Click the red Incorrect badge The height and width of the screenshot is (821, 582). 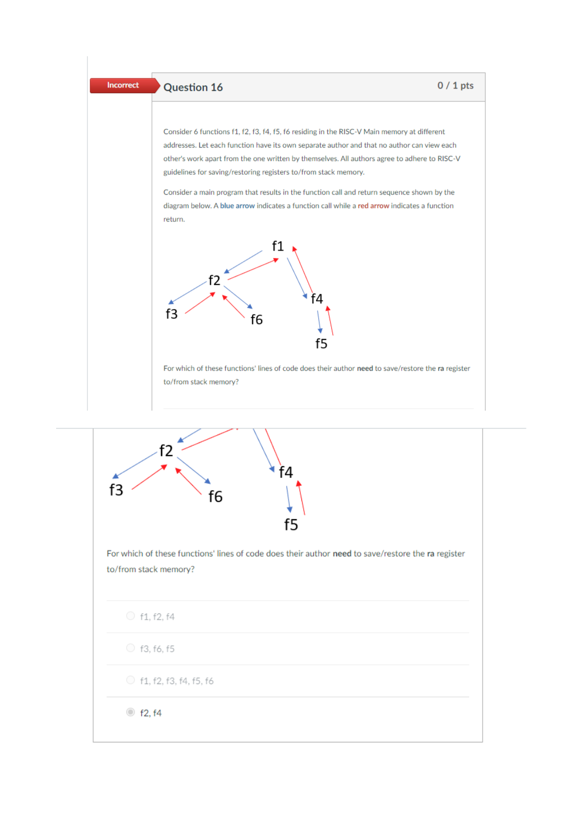coord(123,85)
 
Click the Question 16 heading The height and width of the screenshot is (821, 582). coord(193,87)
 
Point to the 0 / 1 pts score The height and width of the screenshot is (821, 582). coord(455,86)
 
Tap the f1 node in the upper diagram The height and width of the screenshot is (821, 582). coord(278,246)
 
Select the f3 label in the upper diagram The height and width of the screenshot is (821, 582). coord(171,314)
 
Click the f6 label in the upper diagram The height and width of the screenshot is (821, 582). coord(256,320)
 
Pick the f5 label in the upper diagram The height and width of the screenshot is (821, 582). coord(321,344)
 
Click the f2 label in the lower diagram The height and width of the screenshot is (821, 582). coord(166,451)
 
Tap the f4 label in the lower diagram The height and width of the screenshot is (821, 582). coord(286,473)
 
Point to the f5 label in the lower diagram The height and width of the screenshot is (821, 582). coord(291,525)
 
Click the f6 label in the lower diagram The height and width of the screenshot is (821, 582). coord(216,497)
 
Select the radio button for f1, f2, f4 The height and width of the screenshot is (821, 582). coord(130,616)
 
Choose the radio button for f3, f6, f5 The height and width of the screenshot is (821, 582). coord(130,648)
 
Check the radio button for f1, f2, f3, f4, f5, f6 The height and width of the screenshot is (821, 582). coord(130,680)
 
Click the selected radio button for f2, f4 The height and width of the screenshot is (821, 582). coord(130,712)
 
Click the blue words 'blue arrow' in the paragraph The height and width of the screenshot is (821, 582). coord(237,206)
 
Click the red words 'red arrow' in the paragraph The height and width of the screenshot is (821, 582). coord(373,206)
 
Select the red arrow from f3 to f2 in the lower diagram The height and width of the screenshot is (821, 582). coord(149,477)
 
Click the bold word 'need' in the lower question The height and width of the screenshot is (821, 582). coord(342,554)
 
